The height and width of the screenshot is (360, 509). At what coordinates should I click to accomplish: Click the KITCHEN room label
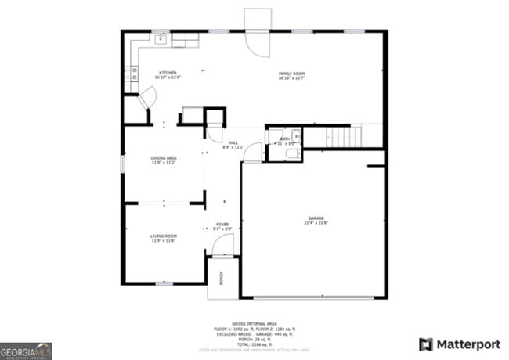coord(168,73)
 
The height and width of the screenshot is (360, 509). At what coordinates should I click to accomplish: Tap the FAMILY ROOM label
coord(291,74)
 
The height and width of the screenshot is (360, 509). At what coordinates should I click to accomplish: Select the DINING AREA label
coord(163,158)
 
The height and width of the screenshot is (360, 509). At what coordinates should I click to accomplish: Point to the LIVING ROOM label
coord(163,236)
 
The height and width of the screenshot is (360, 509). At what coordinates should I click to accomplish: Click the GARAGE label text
coord(316,218)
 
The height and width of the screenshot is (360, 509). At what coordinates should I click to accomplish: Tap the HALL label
coord(233,142)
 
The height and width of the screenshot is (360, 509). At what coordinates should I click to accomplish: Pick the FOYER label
coord(222,225)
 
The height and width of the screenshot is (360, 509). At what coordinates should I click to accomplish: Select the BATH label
coord(284,139)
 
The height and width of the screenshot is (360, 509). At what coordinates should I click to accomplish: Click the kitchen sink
coord(162,38)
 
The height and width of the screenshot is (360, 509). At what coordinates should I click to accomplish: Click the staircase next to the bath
coord(344,136)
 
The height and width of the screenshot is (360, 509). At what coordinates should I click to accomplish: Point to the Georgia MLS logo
coord(27,349)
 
